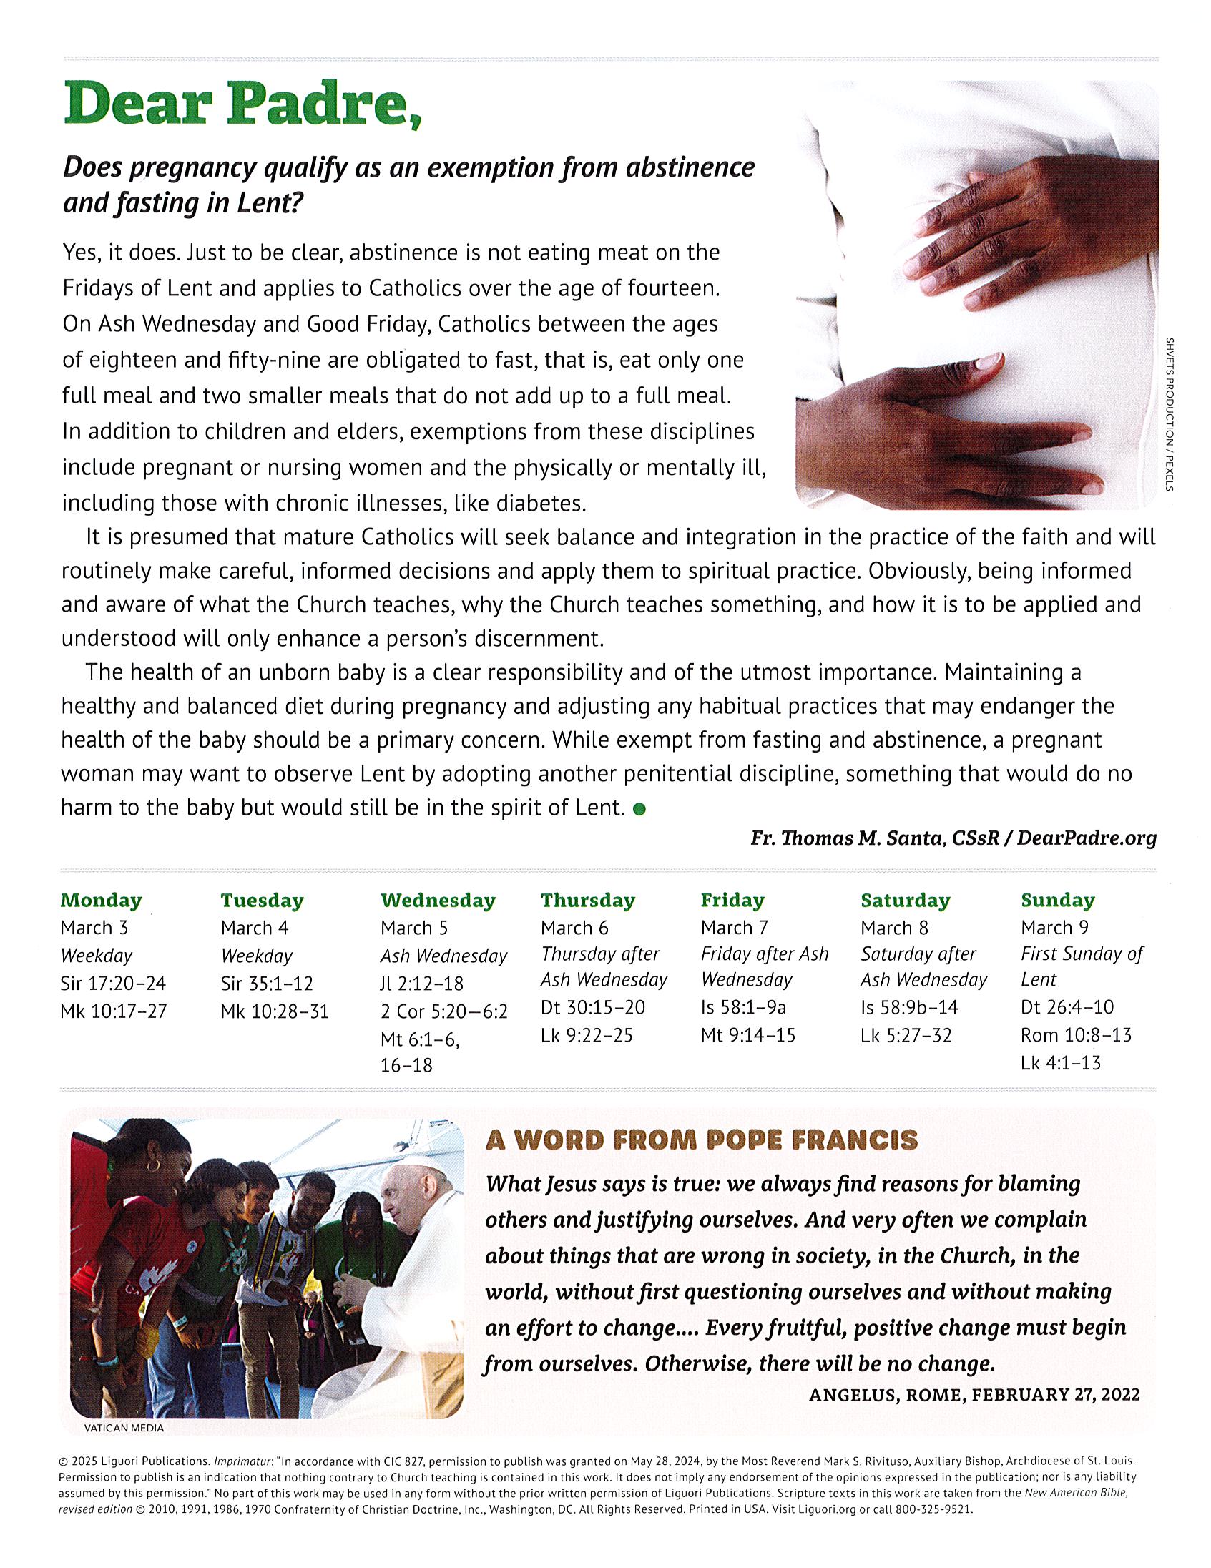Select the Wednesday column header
(x=438, y=901)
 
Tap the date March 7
(x=735, y=928)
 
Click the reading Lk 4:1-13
(x=1060, y=1062)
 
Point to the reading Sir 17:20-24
(x=114, y=983)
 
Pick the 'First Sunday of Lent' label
(x=1081, y=966)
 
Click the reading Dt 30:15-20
(x=593, y=1007)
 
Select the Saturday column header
(x=905, y=901)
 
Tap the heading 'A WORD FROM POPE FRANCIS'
(x=701, y=1140)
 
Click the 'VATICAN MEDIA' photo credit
(x=124, y=1428)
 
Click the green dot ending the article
(x=639, y=809)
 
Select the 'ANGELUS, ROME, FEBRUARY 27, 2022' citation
(x=974, y=1394)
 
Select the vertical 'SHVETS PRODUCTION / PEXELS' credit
(x=1170, y=414)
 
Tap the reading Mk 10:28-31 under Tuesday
(x=275, y=1011)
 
